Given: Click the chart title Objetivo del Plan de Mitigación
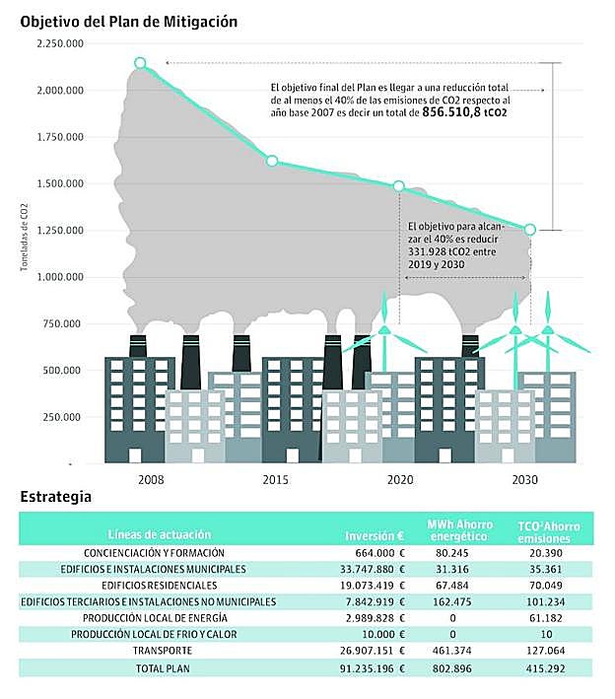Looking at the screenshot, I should (x=128, y=20).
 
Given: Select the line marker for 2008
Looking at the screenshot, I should (x=140, y=63).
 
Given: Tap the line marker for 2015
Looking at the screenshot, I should (x=272, y=161).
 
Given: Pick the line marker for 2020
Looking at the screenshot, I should (x=399, y=186).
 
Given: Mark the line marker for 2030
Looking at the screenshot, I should (x=530, y=230).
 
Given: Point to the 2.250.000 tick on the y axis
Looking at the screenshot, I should (x=59, y=44).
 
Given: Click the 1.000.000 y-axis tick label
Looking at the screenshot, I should (x=59, y=277).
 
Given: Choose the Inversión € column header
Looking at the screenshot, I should (x=376, y=535).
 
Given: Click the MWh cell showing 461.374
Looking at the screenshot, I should (x=454, y=651).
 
